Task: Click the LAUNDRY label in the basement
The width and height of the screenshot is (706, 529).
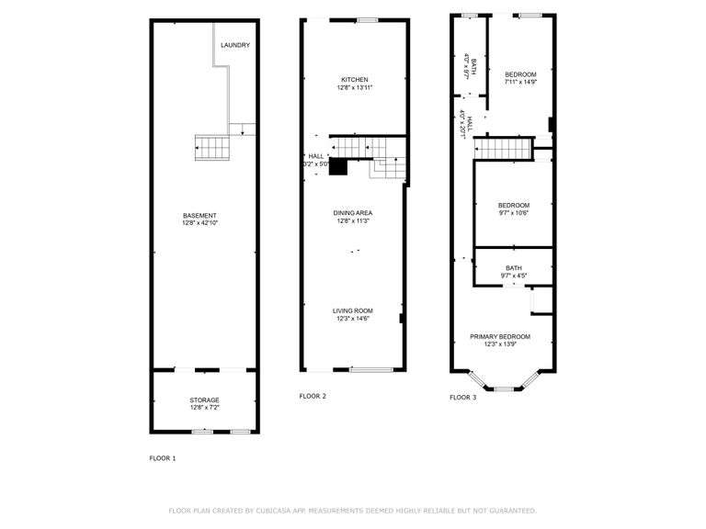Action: click(x=235, y=45)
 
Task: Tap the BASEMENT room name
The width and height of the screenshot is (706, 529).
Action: click(x=199, y=216)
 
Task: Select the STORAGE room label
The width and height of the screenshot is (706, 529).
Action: click(x=204, y=400)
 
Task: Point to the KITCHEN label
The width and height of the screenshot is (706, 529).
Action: click(x=354, y=79)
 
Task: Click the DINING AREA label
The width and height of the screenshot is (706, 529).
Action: click(x=353, y=213)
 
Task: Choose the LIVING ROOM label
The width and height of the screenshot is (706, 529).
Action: click(x=353, y=311)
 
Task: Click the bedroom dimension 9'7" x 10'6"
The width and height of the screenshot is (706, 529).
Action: click(x=514, y=213)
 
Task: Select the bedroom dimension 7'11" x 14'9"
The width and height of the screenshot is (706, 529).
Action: click(x=520, y=82)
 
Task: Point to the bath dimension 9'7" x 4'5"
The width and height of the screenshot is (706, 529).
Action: click(x=514, y=276)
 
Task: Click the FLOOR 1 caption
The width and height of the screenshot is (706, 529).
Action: click(x=163, y=457)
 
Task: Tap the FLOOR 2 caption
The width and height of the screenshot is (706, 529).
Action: click(x=313, y=396)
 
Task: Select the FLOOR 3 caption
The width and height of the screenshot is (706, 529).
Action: click(x=463, y=398)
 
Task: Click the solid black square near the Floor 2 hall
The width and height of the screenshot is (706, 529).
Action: click(x=338, y=167)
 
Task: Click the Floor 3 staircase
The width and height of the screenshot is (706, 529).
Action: click(x=504, y=148)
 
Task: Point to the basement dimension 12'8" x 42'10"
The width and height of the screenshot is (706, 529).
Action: click(x=199, y=223)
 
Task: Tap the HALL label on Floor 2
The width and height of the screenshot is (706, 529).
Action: click(x=315, y=156)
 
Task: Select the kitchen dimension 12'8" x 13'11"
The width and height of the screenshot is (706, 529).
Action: click(x=354, y=87)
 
